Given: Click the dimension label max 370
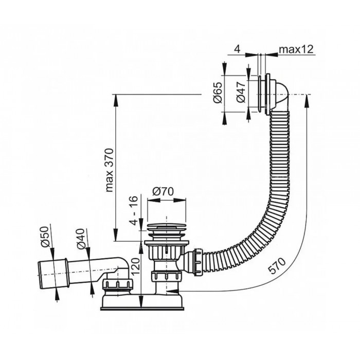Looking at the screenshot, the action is [x=110, y=170].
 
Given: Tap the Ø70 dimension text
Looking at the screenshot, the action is [x=163, y=191].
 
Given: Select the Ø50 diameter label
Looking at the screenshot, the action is [x=45, y=237].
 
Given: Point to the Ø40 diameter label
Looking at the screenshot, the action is [x=81, y=239].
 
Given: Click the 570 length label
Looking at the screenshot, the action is [x=278, y=266].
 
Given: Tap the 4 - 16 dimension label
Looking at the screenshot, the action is [x=134, y=210].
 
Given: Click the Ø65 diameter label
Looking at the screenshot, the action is [x=218, y=93].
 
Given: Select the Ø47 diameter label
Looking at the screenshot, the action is [x=241, y=92].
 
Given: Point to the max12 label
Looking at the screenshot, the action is [x=296, y=49].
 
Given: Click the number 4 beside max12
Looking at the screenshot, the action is [x=237, y=49].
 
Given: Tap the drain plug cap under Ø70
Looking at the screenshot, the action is [x=166, y=227].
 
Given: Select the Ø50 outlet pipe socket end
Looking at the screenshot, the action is [x=53, y=274].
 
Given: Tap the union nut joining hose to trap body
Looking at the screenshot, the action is [x=199, y=262].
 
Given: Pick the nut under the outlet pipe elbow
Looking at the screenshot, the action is [x=118, y=286].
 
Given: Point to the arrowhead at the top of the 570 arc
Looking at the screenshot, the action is [x=307, y=101].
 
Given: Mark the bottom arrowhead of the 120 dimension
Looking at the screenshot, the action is [x=141, y=301].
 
